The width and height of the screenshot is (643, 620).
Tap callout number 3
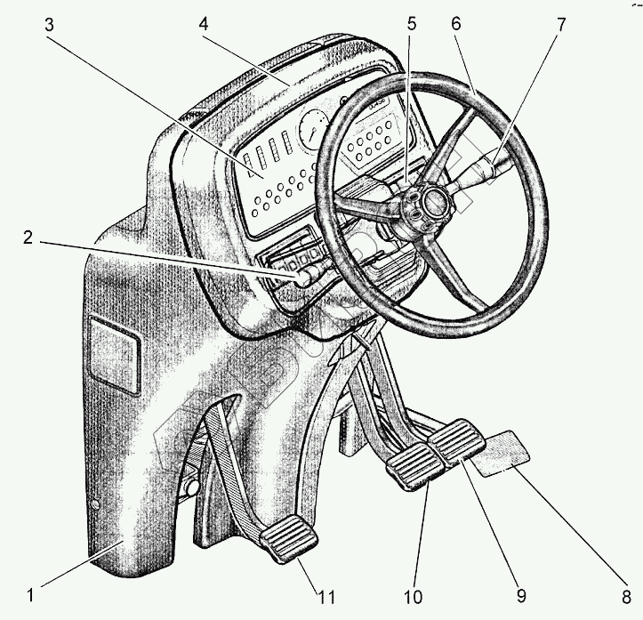pyautogui.click(x=52, y=25)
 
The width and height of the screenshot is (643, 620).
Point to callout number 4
pyautogui.click(x=205, y=23)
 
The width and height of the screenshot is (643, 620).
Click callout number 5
pyautogui.click(x=412, y=23)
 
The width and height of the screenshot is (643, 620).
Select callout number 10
pyautogui.click(x=415, y=593)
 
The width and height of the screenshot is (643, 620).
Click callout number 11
pyautogui.click(x=326, y=592)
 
